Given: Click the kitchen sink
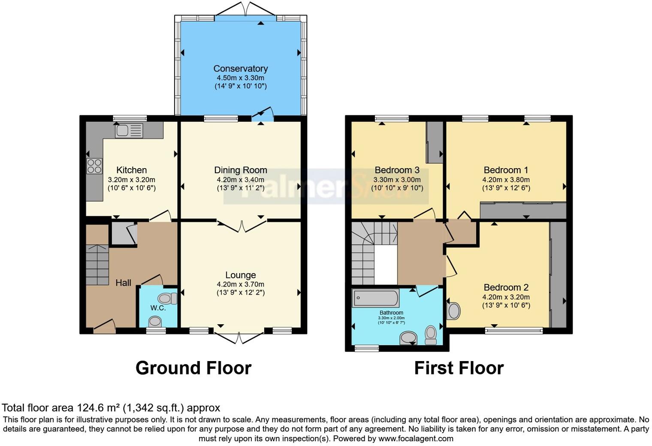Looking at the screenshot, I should tap(129, 131).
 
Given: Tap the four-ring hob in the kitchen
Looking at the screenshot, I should tap(94, 166).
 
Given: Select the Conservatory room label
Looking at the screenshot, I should tap(240, 69).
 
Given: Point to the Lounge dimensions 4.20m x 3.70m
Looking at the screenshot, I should tap(240, 284).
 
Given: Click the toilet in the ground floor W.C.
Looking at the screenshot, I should tap(167, 298).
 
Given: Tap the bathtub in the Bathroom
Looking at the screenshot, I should tap(375, 298).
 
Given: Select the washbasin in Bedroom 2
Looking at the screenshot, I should tap(453, 311).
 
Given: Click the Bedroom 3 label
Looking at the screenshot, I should tap(397, 170).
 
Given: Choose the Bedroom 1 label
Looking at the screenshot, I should tap(506, 170).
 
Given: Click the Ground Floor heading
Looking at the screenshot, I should tap(193, 368).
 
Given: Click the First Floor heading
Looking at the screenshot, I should tap(459, 368).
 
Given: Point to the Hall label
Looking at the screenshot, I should tap(123, 283).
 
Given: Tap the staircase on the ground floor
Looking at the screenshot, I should tap(97, 265).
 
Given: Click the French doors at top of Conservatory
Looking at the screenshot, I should tap(245, 9).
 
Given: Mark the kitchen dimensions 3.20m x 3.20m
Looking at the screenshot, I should tap(131, 180).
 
